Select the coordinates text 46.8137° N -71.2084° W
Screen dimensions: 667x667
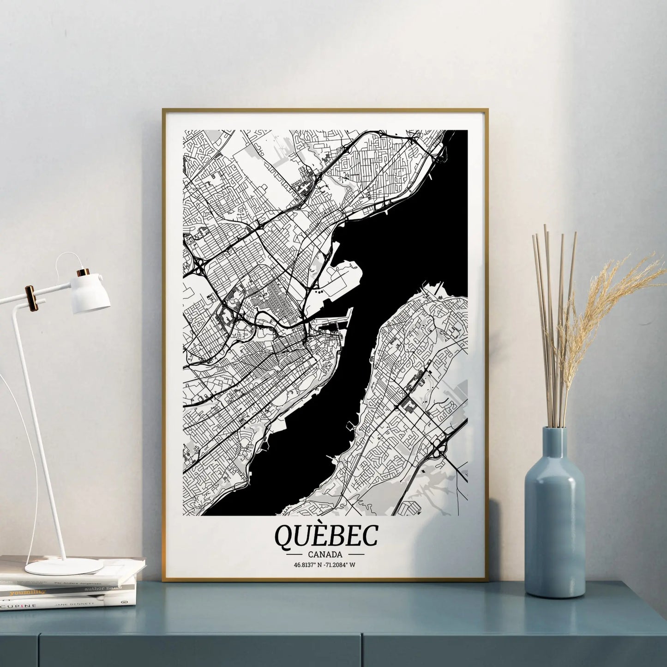tap(326, 564)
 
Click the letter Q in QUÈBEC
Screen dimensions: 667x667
tap(282, 536)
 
